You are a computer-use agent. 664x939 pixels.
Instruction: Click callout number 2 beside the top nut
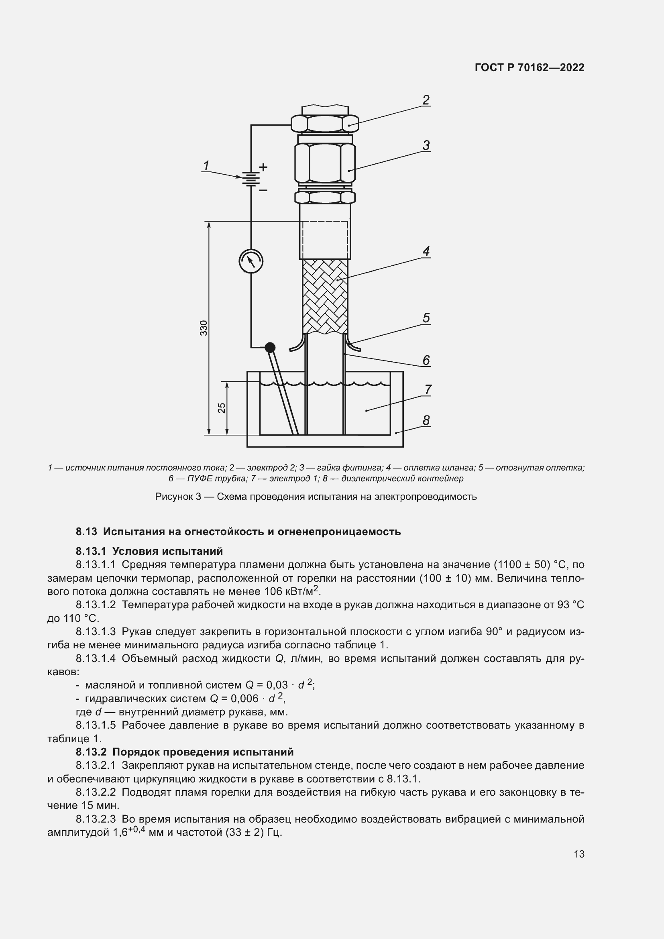[x=426, y=100]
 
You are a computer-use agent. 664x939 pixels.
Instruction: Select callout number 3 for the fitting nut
[x=426, y=145]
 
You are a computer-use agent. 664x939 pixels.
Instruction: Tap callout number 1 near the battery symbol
[x=206, y=165]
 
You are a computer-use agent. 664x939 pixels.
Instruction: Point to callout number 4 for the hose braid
[x=426, y=251]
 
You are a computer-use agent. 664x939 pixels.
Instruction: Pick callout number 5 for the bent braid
[x=426, y=318]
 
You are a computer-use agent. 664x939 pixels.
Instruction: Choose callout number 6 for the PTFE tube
[x=426, y=360]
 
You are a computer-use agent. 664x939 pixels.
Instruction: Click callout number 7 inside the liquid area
[x=427, y=389]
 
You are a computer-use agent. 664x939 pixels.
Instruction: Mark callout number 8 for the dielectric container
[x=426, y=420]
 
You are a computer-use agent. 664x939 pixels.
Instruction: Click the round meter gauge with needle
[x=251, y=261]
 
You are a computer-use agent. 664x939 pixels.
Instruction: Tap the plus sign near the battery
[x=263, y=167]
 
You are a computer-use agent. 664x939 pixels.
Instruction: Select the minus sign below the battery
[x=263, y=190]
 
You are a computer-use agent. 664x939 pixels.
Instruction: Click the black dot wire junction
[x=270, y=348]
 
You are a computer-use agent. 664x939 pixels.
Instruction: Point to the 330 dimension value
[x=204, y=328]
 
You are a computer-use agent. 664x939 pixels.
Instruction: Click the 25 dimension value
[x=221, y=408]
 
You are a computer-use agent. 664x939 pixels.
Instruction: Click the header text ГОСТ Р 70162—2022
[x=530, y=67]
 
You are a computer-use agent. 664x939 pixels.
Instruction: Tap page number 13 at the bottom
[x=579, y=854]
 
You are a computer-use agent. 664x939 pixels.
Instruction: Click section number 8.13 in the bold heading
[x=86, y=532]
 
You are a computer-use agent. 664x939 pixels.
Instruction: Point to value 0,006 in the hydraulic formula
[x=244, y=698]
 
